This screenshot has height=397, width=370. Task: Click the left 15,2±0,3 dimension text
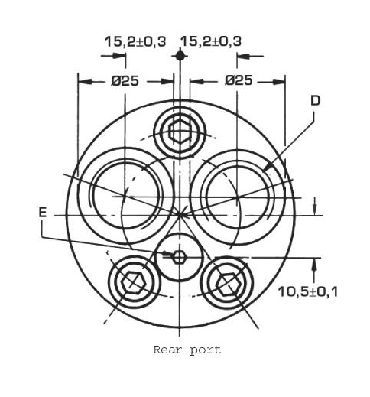pos(135,41)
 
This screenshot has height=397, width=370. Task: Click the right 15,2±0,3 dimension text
pos(211,41)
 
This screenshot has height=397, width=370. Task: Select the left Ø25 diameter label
pos(125,81)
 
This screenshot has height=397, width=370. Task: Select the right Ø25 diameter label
pos(239,80)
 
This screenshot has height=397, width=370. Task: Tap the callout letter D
pos(316,101)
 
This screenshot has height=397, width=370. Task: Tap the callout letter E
pos(43,212)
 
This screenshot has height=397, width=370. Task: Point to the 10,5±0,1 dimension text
pos(308,291)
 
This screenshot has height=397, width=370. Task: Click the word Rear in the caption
pos(167,350)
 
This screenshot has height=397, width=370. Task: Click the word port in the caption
pos(206,350)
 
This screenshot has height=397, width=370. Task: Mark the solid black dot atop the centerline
pos(180,56)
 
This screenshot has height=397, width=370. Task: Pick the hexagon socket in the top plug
pos(180,132)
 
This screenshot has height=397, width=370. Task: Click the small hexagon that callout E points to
pos(179,257)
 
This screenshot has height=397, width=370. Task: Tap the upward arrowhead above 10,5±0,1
pos(314,259)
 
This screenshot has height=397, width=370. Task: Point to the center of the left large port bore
pos(125,197)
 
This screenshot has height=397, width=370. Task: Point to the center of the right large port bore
pos(238,197)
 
